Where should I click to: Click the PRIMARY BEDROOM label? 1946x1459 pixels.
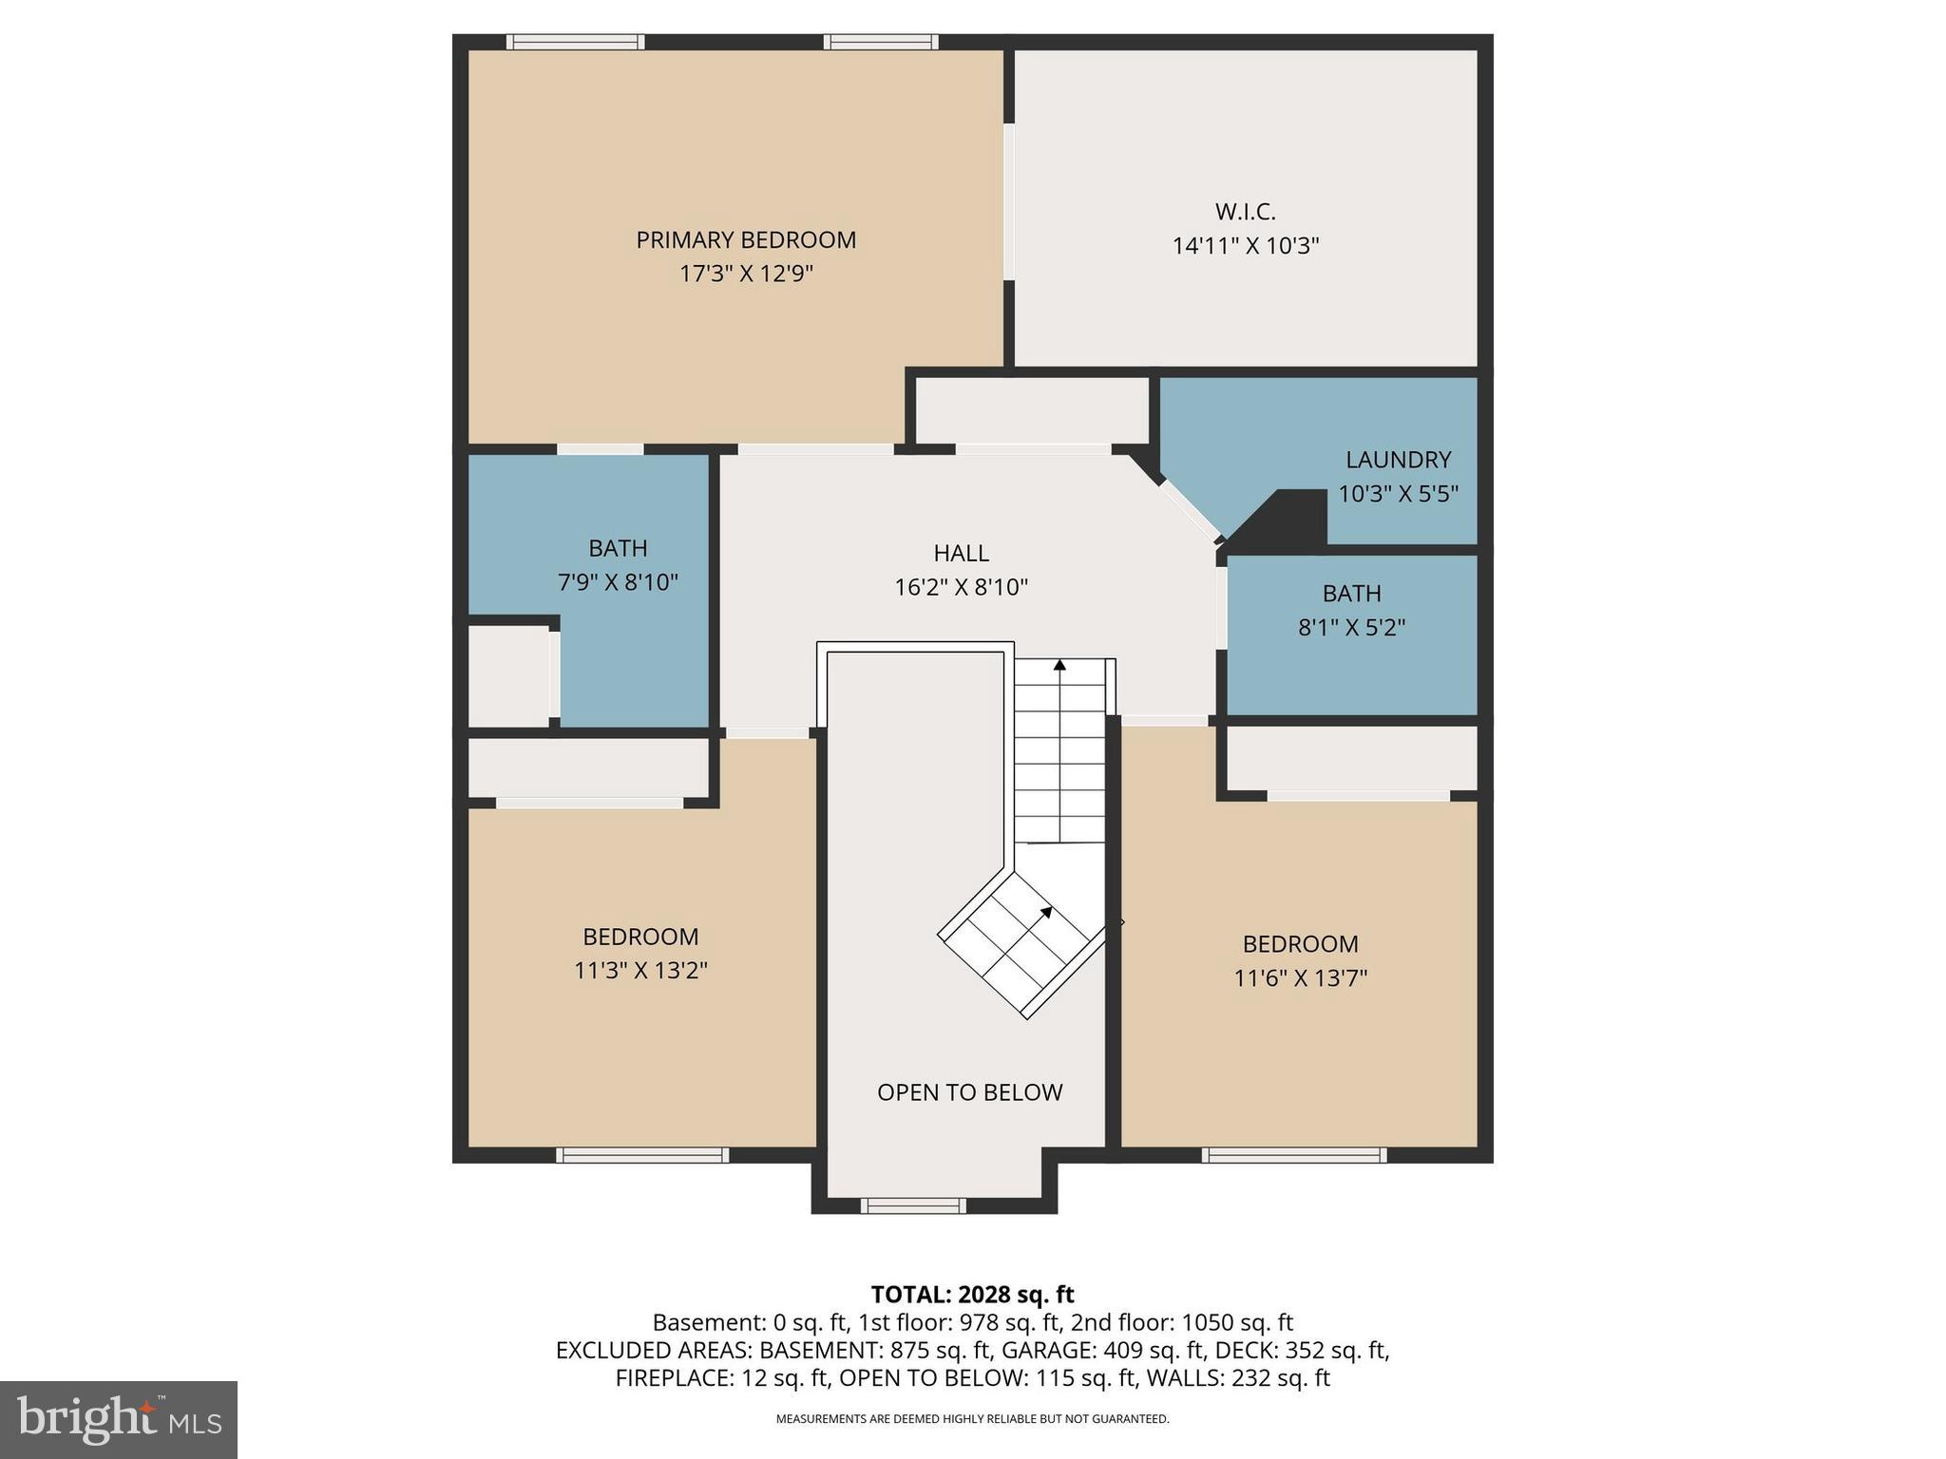[x=746, y=239]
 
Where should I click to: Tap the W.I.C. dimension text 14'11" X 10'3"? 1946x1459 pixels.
[x=1246, y=246]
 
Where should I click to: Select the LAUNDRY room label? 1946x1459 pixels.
[x=1398, y=460]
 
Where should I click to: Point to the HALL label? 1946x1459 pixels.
[x=961, y=553]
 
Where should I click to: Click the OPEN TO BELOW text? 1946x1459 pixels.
[x=969, y=1092]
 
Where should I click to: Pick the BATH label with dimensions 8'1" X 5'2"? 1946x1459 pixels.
[x=1351, y=594]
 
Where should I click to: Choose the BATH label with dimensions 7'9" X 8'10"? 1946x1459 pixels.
[x=618, y=548]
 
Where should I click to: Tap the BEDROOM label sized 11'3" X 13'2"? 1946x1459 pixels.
[x=640, y=937]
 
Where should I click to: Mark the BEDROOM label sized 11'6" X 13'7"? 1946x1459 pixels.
[x=1300, y=944]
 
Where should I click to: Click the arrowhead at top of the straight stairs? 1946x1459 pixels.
[x=1059, y=665]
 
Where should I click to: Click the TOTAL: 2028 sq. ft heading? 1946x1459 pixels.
[x=972, y=1294]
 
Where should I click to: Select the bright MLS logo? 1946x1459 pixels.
[x=119, y=1420]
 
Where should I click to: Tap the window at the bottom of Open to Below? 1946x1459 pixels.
[x=913, y=1205]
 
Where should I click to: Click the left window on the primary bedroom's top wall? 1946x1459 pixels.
[x=575, y=42]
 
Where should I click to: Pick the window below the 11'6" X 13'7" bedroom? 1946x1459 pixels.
[x=1293, y=1155]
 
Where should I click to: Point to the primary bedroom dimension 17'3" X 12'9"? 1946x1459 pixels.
[x=746, y=275]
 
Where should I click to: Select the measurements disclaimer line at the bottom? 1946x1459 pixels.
[x=972, y=1419]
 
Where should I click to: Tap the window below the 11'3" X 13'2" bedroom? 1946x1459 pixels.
[x=642, y=1155]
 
